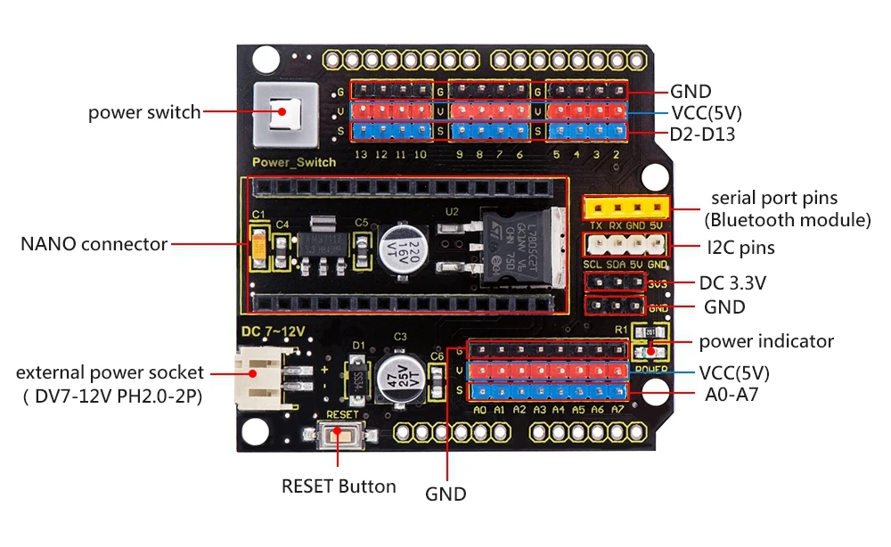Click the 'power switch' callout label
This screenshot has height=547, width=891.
point(144,112)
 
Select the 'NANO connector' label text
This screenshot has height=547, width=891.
point(94,243)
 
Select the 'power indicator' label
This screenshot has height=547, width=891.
point(766,341)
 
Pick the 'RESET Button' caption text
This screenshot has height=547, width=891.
point(339,486)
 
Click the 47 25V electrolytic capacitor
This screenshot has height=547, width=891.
point(396,374)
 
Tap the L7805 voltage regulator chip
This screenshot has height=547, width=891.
point(522,247)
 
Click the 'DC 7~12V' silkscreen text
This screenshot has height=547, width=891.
point(274,331)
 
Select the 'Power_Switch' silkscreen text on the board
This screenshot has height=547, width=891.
point(295,162)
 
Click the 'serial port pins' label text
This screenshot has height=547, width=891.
point(773,198)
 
